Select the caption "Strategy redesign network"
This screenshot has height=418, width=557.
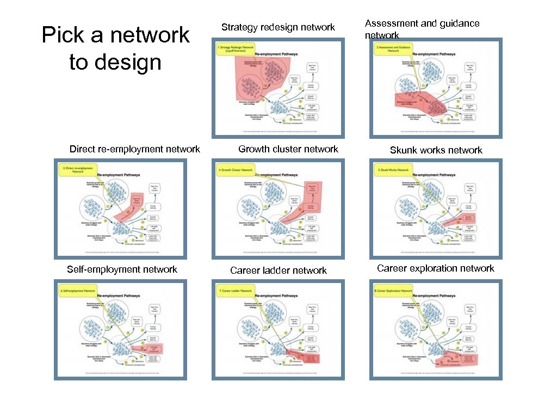[278, 27]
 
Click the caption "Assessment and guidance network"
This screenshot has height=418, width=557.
[422, 29]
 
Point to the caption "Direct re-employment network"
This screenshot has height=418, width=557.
[135, 149]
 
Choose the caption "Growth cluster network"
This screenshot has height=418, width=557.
[288, 149]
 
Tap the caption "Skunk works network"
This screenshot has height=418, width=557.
[436, 150]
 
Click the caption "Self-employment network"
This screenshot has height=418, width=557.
[122, 269]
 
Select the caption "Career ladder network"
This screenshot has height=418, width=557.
[278, 271]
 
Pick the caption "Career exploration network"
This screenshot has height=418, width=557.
[436, 268]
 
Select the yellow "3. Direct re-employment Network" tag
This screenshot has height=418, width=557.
[76, 170]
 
